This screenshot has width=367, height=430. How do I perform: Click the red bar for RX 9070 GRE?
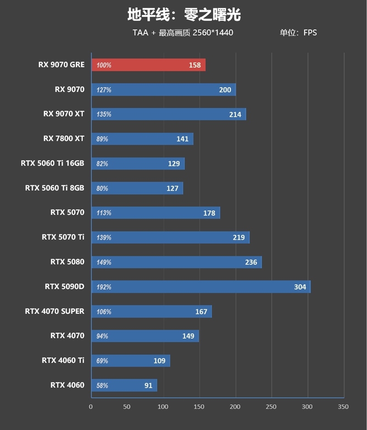(x=148, y=65)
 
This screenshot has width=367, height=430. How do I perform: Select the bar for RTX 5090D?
(x=201, y=287)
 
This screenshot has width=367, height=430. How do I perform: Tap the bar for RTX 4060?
(x=124, y=386)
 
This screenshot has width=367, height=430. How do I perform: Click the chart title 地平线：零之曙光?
(x=183, y=15)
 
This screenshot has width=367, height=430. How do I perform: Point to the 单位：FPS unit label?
(x=298, y=33)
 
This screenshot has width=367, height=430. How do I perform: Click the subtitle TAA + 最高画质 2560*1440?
(x=183, y=33)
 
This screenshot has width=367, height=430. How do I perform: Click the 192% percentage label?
(x=104, y=287)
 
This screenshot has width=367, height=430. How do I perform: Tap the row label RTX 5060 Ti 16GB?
(x=52, y=163)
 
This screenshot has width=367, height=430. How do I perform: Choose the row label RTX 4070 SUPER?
(x=55, y=311)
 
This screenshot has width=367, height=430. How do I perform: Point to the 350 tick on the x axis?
(x=343, y=407)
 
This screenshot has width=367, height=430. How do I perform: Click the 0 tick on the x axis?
(x=91, y=407)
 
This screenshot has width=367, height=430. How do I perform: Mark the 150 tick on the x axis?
(x=200, y=407)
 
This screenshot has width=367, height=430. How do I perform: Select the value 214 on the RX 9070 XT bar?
(x=235, y=114)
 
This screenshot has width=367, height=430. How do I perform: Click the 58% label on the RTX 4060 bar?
(x=102, y=386)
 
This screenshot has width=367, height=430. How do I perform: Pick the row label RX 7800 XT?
(x=64, y=138)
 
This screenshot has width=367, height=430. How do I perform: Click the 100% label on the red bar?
(x=104, y=65)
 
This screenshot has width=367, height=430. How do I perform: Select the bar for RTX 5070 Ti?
(x=171, y=238)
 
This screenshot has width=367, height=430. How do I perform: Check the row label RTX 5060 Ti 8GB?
(x=55, y=188)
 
